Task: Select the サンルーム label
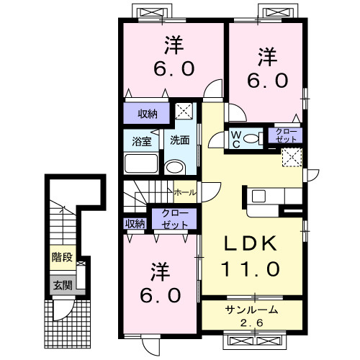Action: (x=251, y=310)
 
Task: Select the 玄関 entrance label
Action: (x=61, y=284)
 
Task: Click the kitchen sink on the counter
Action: (x=260, y=195)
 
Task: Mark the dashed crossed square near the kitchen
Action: (x=292, y=157)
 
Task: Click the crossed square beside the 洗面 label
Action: (x=185, y=112)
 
